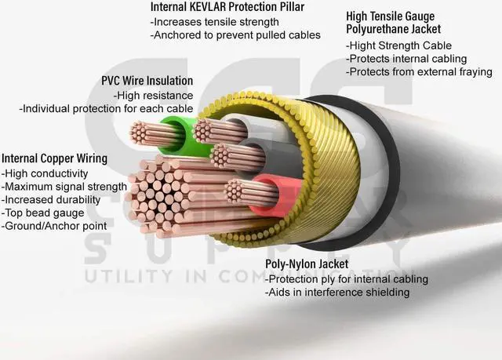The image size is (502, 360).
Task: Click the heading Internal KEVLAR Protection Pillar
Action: coord(227,8)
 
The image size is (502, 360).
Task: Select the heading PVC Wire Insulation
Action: coord(147,81)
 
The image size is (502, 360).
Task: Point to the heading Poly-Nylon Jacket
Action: coord(307,264)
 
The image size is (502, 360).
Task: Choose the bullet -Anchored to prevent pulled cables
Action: coord(235,35)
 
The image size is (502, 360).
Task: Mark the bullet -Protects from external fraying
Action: coord(419,71)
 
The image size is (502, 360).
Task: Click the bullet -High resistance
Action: coord(153,94)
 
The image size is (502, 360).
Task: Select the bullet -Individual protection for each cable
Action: coord(106,107)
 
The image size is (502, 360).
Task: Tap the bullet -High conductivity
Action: coord(45,173)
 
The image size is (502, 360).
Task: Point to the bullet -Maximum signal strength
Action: coord(64,186)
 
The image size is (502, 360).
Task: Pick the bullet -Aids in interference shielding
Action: coord(337,293)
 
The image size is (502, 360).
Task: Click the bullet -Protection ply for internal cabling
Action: coord(347,278)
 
